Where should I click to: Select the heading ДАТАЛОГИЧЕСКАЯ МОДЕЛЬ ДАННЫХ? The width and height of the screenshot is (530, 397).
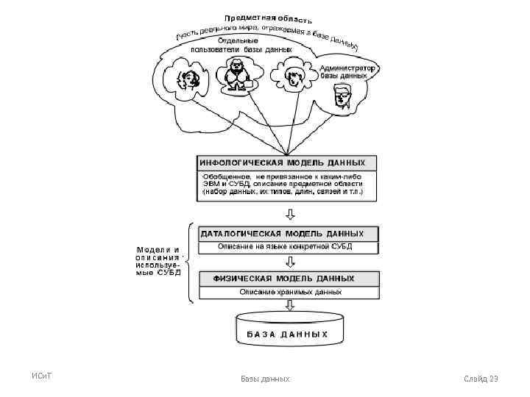pos(288,234)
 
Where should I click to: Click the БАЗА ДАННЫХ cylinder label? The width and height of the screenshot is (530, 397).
pos(282,334)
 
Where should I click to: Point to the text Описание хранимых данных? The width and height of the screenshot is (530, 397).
pos(290,292)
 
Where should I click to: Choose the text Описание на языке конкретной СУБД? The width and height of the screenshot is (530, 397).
pos(289,246)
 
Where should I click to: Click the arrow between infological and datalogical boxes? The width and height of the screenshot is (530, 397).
pos(290,215)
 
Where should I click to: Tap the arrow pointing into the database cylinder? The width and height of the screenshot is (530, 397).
pos(290,306)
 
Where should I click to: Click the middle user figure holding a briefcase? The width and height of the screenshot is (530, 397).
pos(238,74)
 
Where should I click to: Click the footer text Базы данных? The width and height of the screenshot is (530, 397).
pos(265,379)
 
